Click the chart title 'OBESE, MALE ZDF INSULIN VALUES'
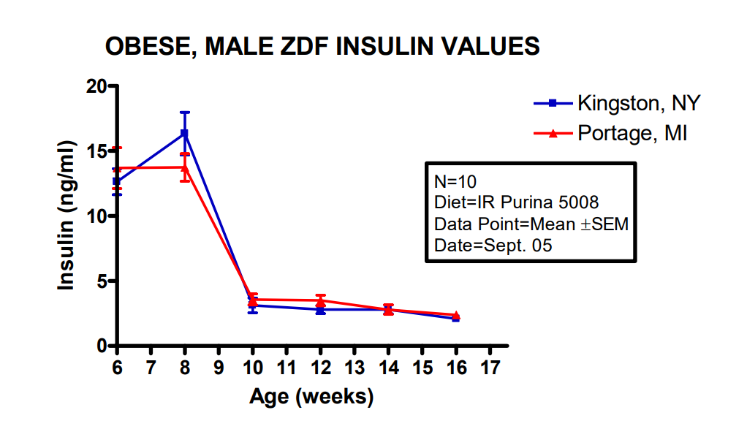click(322, 47)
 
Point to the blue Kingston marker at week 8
click(185, 134)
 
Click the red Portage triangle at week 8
click(185, 167)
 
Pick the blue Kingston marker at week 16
click(455, 319)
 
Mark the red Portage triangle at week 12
click(320, 300)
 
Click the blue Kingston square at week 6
click(117, 181)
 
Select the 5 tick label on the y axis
click(102, 281)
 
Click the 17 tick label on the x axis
click(489, 367)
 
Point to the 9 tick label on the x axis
click(219, 367)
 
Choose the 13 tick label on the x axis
click(354, 367)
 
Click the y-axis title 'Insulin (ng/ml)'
click(67, 216)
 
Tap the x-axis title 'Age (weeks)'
click(311, 397)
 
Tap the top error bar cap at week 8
click(185, 113)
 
